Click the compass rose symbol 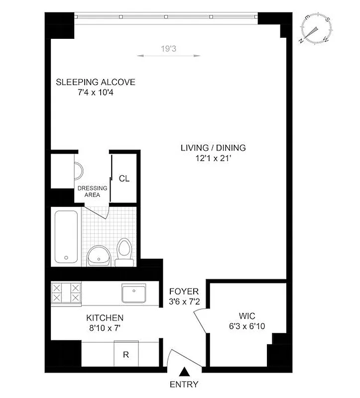coord(316,30)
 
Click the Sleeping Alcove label coord(96,82)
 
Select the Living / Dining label coord(213,148)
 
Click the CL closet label coord(124,179)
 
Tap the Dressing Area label coord(92,192)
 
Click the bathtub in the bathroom coord(66,236)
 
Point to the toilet coord(123,251)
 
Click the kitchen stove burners coord(66,292)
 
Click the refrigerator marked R coord(126,355)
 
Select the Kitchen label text coord(105,317)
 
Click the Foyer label coord(184,292)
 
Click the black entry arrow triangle coord(184,372)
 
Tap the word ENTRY coord(184,384)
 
